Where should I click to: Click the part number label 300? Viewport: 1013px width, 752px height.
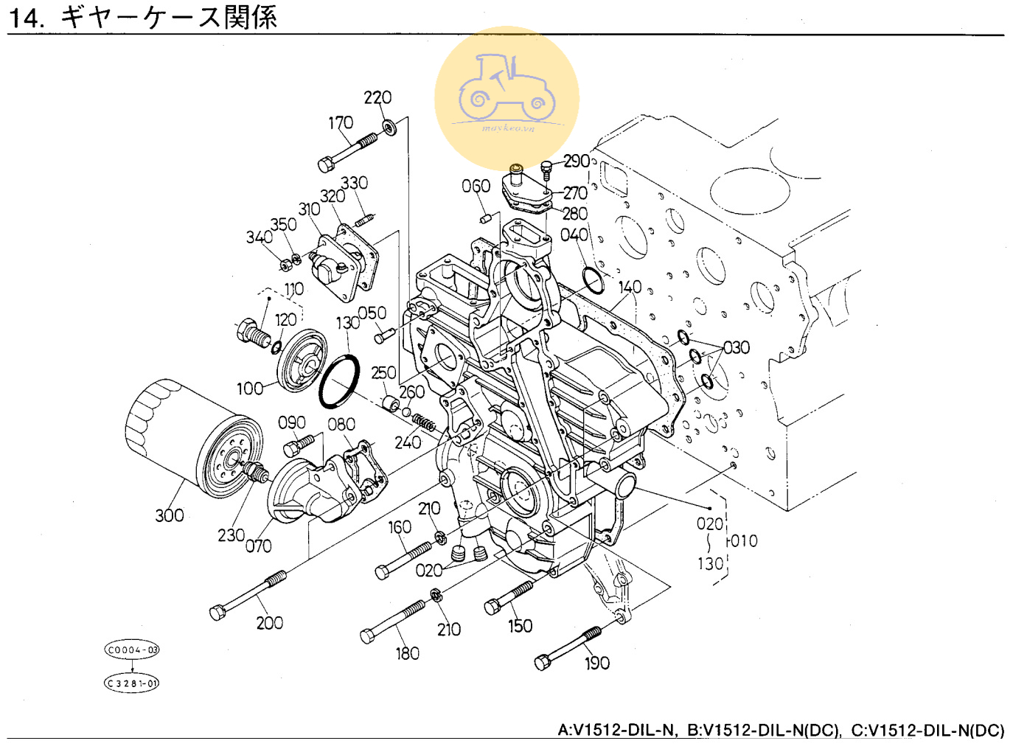coord(169,515)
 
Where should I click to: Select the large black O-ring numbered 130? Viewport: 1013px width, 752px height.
coord(339,381)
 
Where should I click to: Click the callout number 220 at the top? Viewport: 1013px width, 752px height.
coord(377,97)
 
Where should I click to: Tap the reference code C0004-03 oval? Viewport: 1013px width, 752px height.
coord(132,650)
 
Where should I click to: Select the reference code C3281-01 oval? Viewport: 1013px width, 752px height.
coord(132,683)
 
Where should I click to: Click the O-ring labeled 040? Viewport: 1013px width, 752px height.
coord(593,280)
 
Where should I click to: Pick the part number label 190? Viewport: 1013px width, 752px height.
coord(597,664)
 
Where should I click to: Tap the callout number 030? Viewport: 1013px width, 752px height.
coord(736,347)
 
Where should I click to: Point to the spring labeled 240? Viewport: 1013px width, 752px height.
coord(424,422)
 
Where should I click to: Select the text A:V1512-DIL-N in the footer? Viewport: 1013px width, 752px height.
coord(616,730)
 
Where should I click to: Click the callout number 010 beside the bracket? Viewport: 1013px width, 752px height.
coord(744,541)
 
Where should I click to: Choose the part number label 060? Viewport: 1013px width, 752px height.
coord(476,186)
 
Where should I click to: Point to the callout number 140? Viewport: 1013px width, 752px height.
coord(630,287)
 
